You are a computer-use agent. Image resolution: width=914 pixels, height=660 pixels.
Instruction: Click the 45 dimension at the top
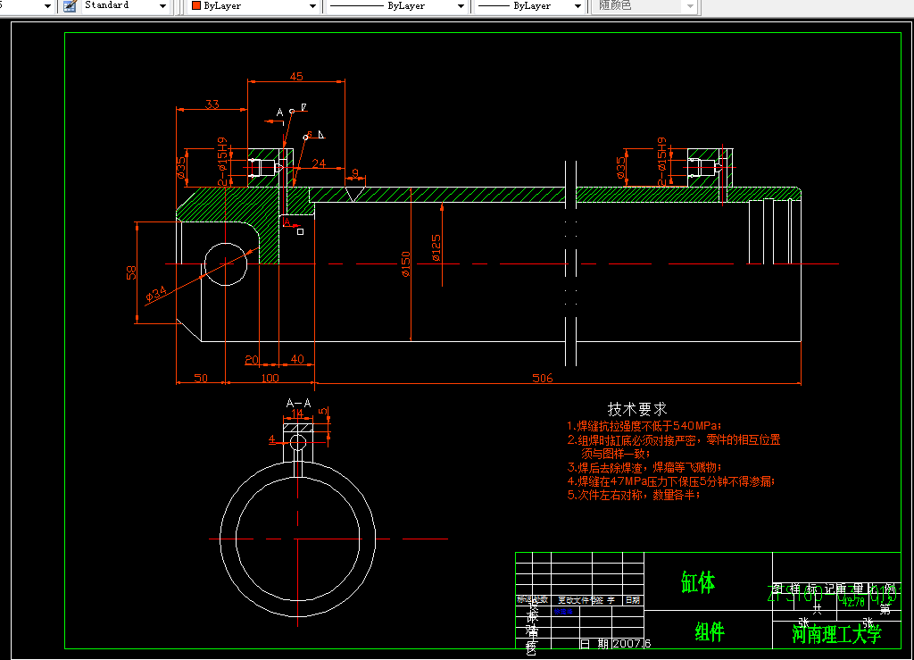[x=296, y=76]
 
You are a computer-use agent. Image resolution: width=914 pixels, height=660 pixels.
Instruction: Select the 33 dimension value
[x=212, y=104]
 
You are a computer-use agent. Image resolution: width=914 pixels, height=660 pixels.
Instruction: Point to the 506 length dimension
[x=542, y=378]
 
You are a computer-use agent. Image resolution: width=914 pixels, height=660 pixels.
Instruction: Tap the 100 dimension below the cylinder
[x=270, y=378]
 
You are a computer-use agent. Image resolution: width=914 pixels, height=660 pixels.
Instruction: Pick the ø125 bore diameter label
[x=436, y=247]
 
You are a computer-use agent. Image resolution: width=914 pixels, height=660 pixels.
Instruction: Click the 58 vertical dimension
[x=131, y=272]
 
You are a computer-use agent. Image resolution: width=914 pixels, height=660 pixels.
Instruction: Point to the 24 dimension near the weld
[x=319, y=163]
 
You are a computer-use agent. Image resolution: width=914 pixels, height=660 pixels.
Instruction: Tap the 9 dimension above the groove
[x=354, y=173]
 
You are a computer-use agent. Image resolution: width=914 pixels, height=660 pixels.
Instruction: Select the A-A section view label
[x=298, y=403]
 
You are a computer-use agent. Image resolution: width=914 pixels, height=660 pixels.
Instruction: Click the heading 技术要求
[x=636, y=409]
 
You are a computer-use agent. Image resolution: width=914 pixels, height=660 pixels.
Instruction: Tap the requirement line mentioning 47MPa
[x=671, y=481]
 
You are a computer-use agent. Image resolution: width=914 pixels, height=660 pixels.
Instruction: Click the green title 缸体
[x=698, y=583]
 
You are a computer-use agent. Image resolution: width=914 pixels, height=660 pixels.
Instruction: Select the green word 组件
[x=710, y=632]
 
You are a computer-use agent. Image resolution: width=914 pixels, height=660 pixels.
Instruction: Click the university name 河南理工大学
[x=836, y=634]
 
